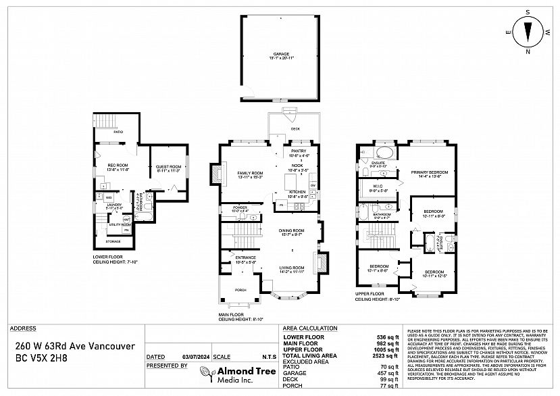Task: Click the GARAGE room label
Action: pyautogui.click(x=281, y=53)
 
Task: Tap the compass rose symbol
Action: pyautogui.click(x=528, y=31)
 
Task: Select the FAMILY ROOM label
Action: pyautogui.click(x=249, y=174)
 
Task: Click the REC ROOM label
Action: pyautogui.click(x=118, y=166)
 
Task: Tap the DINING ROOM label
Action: pyautogui.click(x=292, y=231)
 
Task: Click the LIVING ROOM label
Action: pyautogui.click(x=292, y=268)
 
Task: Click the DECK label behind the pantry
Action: pyautogui.click(x=295, y=128)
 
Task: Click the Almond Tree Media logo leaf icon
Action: pyautogui.click(x=205, y=372)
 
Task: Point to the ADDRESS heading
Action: pyautogui.click(x=23, y=328)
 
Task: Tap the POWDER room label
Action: pyautogui.click(x=240, y=207)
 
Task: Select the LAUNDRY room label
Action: pyautogui.click(x=113, y=204)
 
